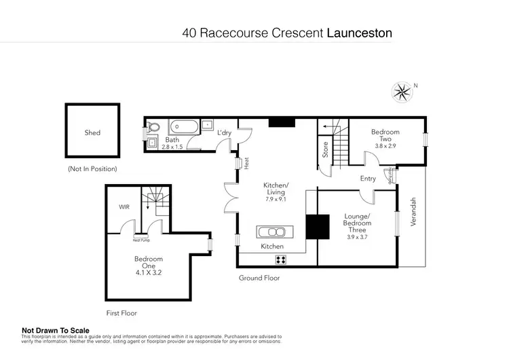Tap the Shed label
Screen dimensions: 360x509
click(92, 132)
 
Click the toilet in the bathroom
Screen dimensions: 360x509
click(154, 126)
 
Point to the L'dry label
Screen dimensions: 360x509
click(225, 133)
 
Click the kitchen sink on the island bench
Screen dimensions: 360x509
click(273, 230)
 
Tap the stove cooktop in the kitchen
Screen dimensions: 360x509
click(280, 259)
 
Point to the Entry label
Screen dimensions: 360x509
click(368, 179)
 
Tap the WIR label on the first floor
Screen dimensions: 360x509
click(124, 206)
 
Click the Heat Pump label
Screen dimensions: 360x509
click(141, 240)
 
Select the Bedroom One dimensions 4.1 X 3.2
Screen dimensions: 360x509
click(148, 272)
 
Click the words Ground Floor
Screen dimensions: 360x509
click(259, 278)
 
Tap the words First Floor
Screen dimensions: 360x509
click(121, 313)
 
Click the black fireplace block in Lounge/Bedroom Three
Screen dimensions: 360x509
click(314, 226)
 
